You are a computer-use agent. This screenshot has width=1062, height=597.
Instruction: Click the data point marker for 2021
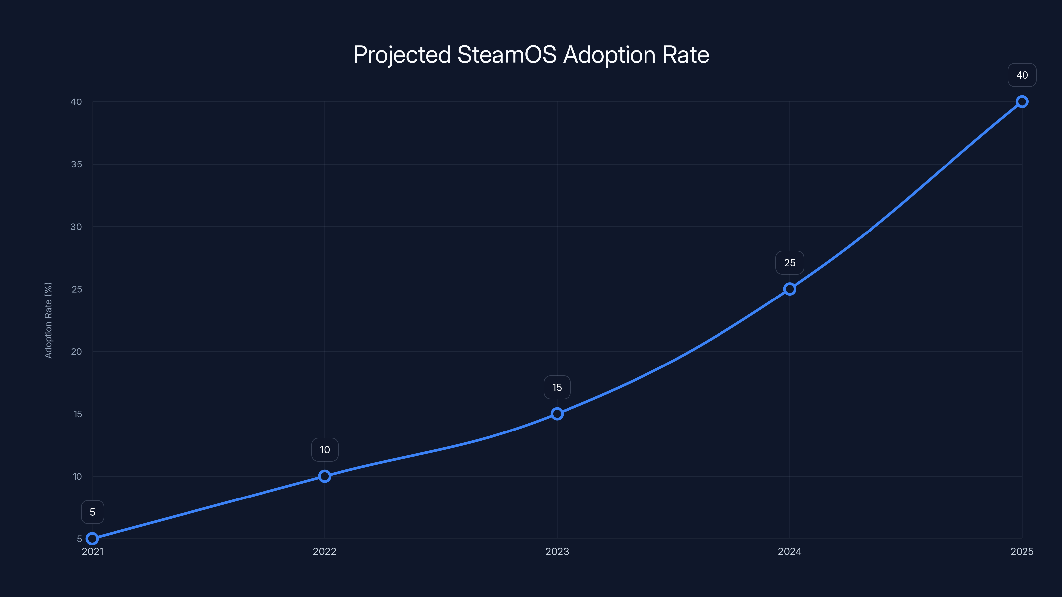point(92,539)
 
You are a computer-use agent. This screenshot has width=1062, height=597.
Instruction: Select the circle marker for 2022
point(325,476)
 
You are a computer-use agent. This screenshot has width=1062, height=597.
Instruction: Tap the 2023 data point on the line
point(557,414)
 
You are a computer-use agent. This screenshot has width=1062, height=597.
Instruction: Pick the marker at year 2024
point(790,289)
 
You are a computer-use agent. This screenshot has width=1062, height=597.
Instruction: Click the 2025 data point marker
point(1022,101)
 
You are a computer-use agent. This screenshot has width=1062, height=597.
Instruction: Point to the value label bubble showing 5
point(92,512)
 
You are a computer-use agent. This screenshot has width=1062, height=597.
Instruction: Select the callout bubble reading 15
point(557,387)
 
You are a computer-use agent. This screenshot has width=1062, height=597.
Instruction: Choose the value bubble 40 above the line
point(1022,75)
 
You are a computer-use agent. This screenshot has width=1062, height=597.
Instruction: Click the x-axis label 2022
point(325,551)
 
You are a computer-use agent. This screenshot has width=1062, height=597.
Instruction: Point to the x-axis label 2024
point(790,551)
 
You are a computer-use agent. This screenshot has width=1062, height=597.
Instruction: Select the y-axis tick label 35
point(76,165)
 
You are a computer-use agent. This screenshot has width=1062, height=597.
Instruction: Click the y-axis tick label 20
point(76,352)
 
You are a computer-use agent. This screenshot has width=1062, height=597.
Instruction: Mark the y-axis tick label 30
point(76,227)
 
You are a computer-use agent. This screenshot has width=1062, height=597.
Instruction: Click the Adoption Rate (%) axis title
point(48,320)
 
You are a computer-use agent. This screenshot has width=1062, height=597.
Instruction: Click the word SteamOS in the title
point(507,55)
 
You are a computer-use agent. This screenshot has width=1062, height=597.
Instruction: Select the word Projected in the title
point(402,55)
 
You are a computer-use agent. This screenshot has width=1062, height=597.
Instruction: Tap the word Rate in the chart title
point(686,55)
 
